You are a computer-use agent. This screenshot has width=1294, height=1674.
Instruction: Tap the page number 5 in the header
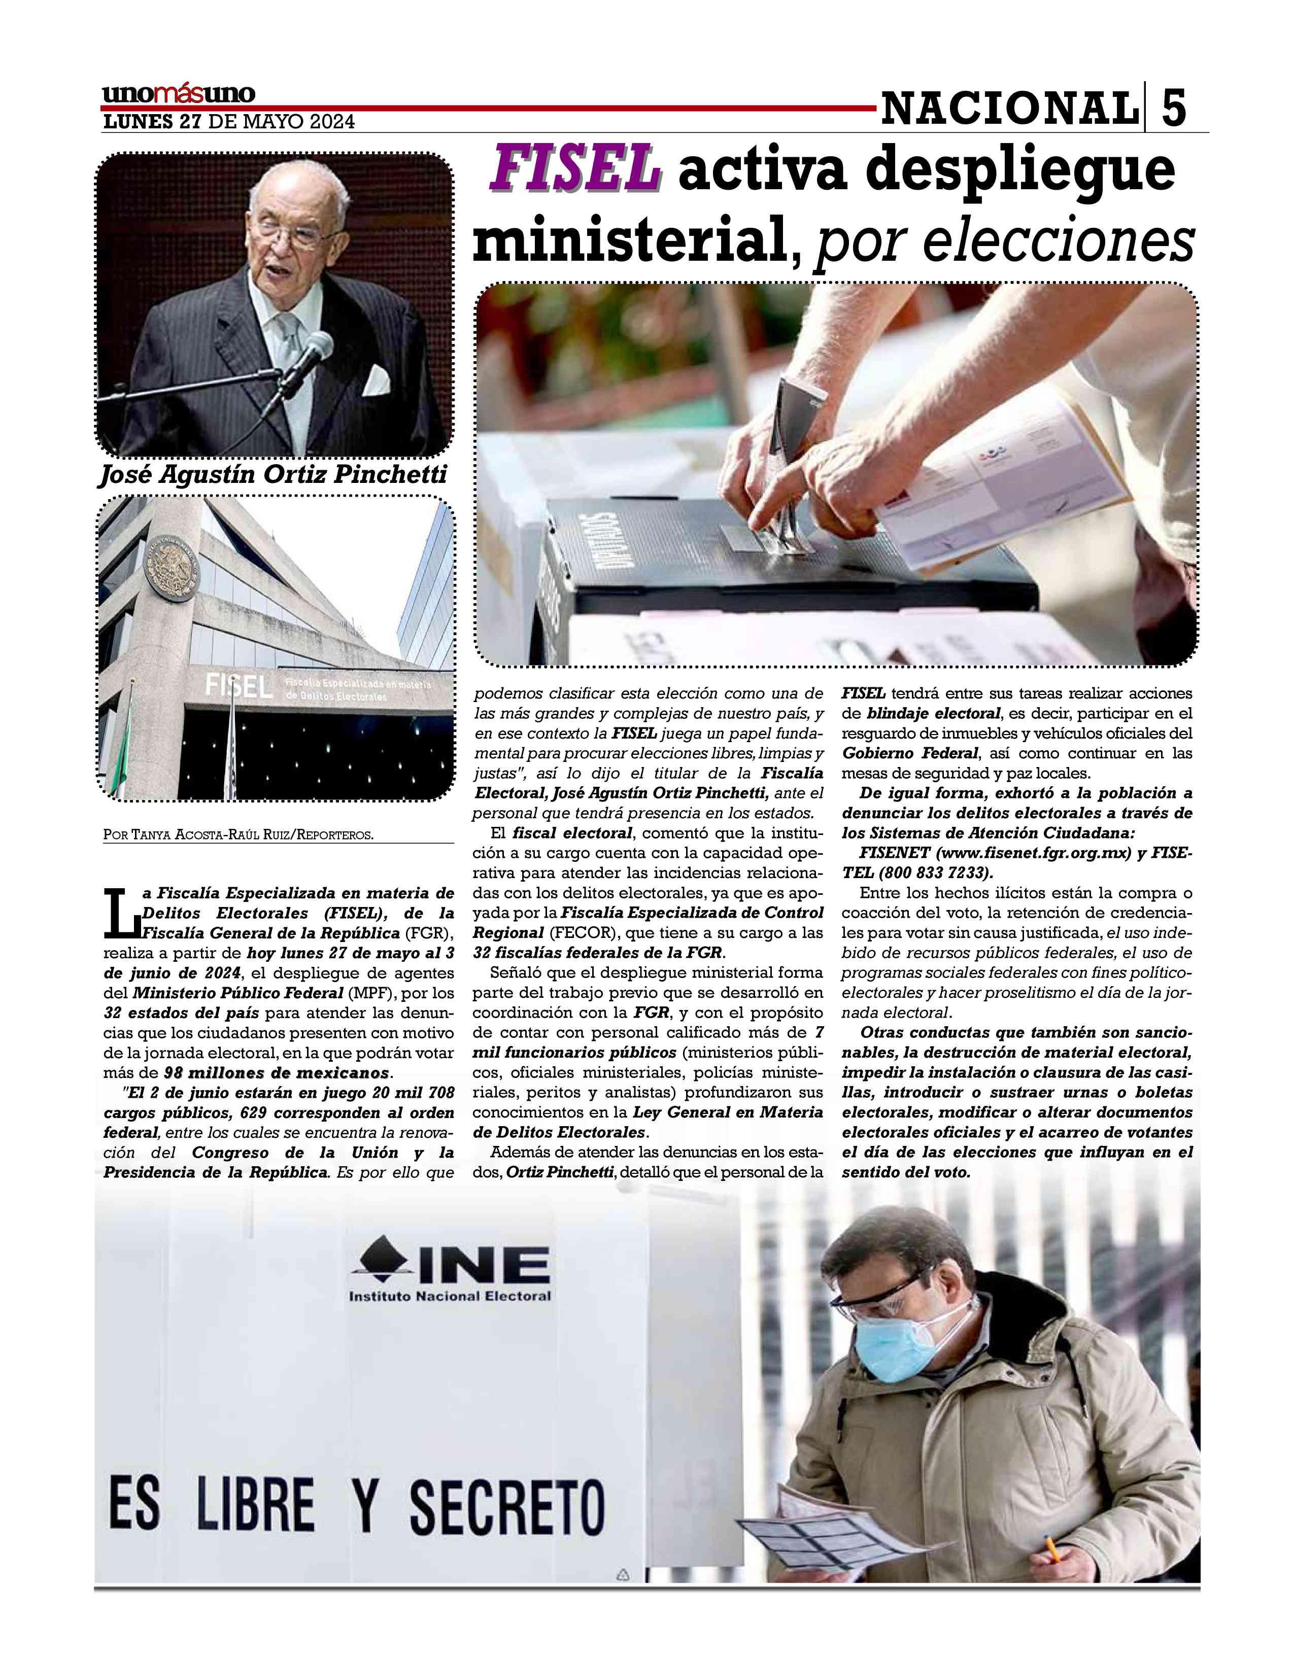(1173, 108)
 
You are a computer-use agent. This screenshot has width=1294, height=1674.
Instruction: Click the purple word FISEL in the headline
(574, 169)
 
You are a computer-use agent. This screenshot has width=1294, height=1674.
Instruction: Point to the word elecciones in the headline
(1004, 243)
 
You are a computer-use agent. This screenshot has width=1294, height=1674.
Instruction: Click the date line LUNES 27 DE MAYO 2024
(228, 122)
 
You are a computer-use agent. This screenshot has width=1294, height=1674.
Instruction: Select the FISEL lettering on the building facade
(239, 684)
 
